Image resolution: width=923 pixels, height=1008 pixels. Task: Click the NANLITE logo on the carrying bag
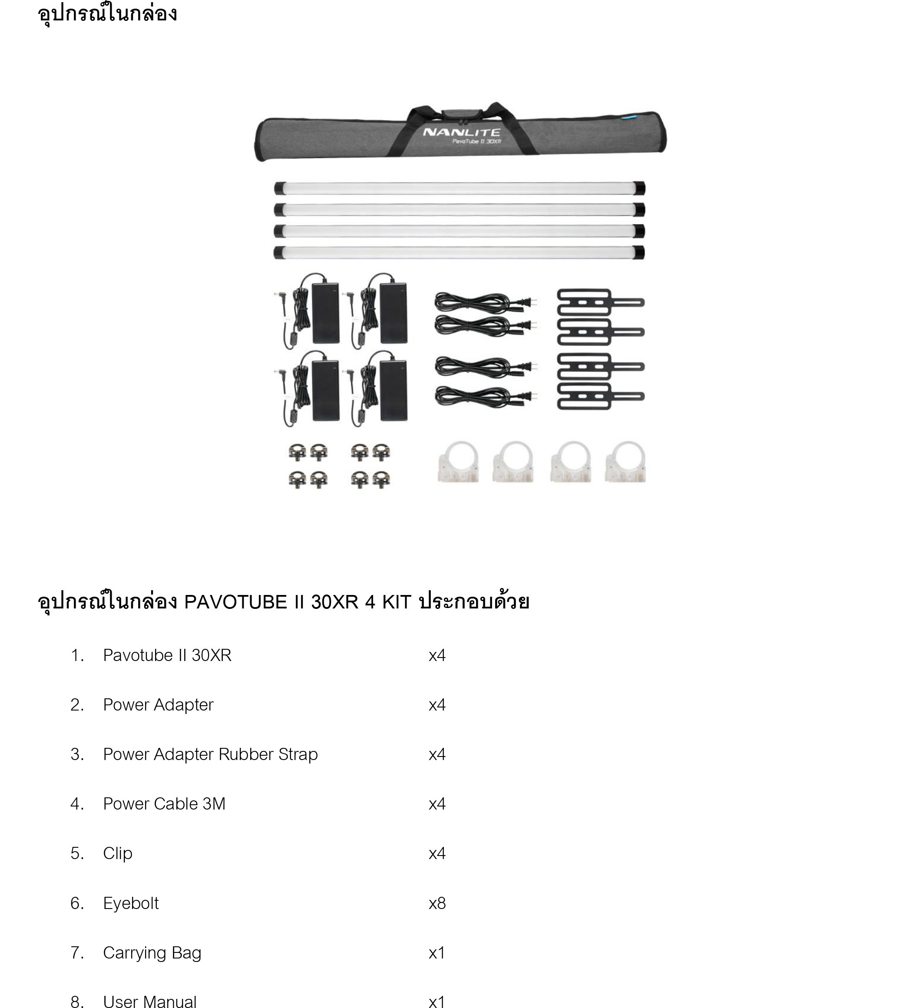[461, 132]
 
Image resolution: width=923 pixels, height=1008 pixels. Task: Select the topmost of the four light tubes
[459, 188]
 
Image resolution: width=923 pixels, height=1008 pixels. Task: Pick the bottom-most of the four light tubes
[459, 252]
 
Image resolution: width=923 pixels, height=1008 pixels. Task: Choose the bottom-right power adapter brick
[394, 390]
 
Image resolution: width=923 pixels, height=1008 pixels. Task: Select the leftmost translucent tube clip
[458, 463]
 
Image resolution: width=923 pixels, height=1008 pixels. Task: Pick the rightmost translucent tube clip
[625, 463]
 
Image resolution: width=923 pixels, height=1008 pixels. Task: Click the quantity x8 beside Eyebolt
[437, 903]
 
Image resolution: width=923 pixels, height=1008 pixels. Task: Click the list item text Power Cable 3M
[164, 803]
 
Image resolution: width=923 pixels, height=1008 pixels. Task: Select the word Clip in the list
[118, 853]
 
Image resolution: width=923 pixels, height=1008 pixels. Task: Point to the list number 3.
[76, 754]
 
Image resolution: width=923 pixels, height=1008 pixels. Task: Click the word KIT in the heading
[397, 601]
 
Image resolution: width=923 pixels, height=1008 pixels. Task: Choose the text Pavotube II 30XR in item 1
[167, 655]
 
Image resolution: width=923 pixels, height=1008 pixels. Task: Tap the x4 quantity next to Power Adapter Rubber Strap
[437, 754]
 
